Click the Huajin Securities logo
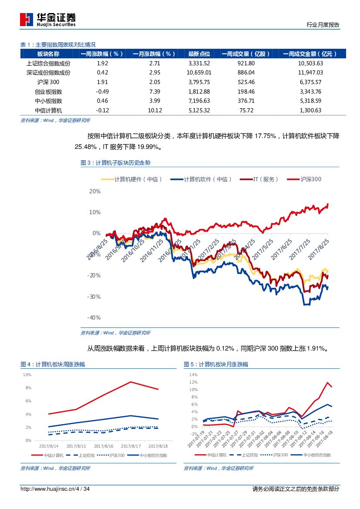pos(48,19)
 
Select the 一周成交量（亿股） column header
pos(246,54)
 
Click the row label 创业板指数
pos(48,91)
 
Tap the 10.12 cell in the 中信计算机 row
pos(155,111)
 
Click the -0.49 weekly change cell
pos(102,91)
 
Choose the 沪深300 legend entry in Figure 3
pos(310,179)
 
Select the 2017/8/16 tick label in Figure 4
pos(104,446)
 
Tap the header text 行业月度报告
pos(323,25)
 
